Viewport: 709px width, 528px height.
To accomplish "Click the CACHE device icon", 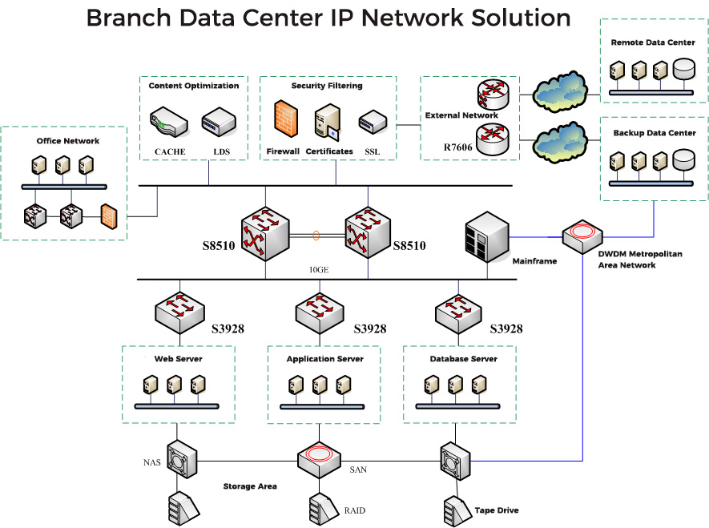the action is [169, 122].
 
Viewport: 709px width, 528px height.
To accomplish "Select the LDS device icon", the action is [219, 122].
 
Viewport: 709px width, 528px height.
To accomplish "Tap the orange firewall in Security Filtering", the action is [286, 119].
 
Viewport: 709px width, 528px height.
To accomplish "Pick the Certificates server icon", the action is [328, 121].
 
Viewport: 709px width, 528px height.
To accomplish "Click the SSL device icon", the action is [373, 122].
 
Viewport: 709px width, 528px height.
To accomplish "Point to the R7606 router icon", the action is [493, 139].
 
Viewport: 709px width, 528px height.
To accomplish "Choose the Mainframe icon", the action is [487, 236].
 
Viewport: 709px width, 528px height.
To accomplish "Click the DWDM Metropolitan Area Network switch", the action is [582, 236].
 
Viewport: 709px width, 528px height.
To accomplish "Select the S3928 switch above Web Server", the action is [180, 312].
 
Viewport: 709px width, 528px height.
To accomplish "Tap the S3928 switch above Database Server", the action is [458, 312].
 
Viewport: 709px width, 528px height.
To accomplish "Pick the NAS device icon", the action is [182, 459].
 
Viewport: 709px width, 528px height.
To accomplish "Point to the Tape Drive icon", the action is [457, 511].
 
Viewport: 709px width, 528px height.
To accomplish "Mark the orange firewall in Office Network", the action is [109, 216].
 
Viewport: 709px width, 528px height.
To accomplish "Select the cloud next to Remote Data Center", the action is [560, 92].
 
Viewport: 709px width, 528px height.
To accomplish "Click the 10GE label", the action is [319, 270].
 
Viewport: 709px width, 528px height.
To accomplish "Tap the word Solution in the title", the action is [521, 18].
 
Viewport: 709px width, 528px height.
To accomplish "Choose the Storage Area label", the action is [250, 486].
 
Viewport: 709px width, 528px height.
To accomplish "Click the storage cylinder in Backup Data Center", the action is [683, 160].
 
